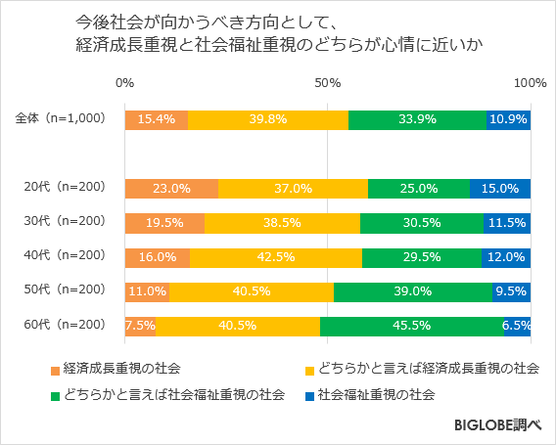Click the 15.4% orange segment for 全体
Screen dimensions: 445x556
click(157, 119)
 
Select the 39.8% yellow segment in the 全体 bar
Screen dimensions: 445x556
click(267, 119)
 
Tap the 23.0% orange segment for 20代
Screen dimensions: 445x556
click(171, 189)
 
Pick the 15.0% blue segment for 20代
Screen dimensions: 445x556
click(500, 189)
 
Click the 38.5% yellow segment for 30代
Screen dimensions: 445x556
click(282, 223)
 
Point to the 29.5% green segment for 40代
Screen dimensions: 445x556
click(421, 257)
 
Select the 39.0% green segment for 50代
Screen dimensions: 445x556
click(412, 291)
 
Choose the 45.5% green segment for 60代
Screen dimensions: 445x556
click(411, 326)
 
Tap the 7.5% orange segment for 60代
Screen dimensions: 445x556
click(140, 326)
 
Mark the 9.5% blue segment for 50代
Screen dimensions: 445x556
click(511, 291)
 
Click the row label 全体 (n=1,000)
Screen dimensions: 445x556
click(60, 118)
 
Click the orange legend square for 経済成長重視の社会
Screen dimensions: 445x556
click(55, 370)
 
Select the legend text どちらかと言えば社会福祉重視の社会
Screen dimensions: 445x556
click(173, 395)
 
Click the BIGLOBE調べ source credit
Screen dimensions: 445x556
click(498, 426)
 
